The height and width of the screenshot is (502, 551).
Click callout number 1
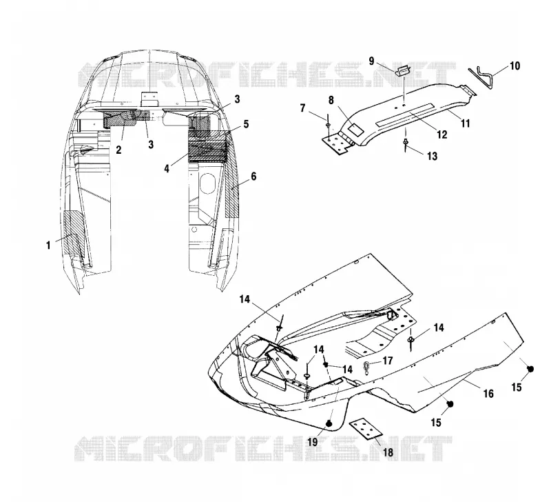48,245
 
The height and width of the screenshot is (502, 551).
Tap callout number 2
118,150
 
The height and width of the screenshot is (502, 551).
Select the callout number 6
253,177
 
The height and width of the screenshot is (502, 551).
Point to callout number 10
514,66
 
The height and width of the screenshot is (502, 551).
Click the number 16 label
488,393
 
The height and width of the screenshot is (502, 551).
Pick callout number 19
313,442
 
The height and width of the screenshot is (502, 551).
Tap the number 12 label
441,134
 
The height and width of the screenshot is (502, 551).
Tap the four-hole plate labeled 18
366,429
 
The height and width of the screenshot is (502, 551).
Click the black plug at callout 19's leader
329,423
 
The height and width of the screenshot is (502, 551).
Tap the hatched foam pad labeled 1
73,233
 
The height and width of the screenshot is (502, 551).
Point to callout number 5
246,124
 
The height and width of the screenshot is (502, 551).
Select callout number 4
167,168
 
